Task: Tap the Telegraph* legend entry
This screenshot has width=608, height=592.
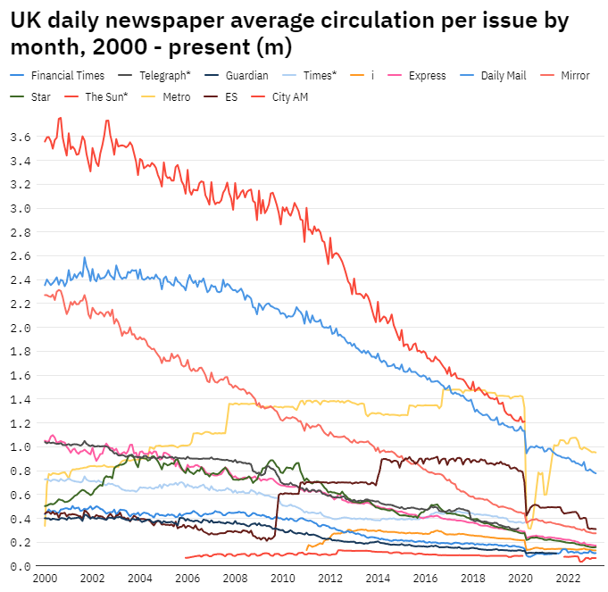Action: [x=165, y=76]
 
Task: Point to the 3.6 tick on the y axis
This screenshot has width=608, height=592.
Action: [x=20, y=138]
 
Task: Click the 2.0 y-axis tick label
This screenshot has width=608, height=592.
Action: [x=20, y=328]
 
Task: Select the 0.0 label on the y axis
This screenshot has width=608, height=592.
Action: [x=20, y=566]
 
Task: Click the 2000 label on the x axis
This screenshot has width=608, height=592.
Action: [x=45, y=579]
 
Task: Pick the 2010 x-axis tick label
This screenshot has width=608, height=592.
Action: [x=283, y=579]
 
